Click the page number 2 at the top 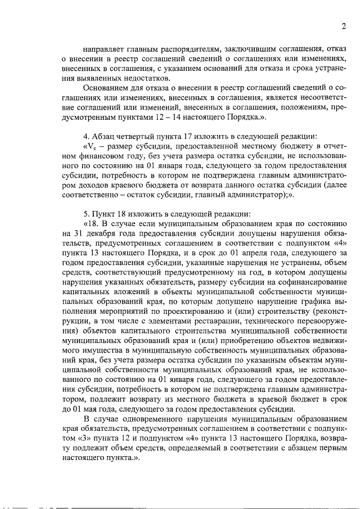[343, 26]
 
